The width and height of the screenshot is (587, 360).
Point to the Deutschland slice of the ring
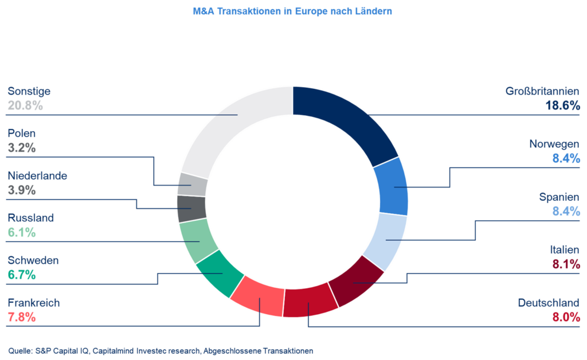point(310,302)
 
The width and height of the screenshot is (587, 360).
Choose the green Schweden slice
point(216,273)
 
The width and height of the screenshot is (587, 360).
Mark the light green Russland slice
point(198,241)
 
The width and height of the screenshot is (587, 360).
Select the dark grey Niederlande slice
point(191,209)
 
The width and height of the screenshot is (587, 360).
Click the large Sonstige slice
point(229,126)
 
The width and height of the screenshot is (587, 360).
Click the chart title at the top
point(293,11)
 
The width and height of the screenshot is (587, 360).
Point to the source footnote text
point(161,350)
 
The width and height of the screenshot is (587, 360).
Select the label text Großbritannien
point(542,91)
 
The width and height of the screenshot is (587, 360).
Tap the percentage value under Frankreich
point(22,317)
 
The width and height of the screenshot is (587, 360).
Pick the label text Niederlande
point(37,176)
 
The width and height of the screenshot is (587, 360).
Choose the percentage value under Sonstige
point(26,105)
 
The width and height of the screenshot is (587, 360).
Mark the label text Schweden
point(33,261)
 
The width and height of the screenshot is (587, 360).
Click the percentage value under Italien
point(566,264)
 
